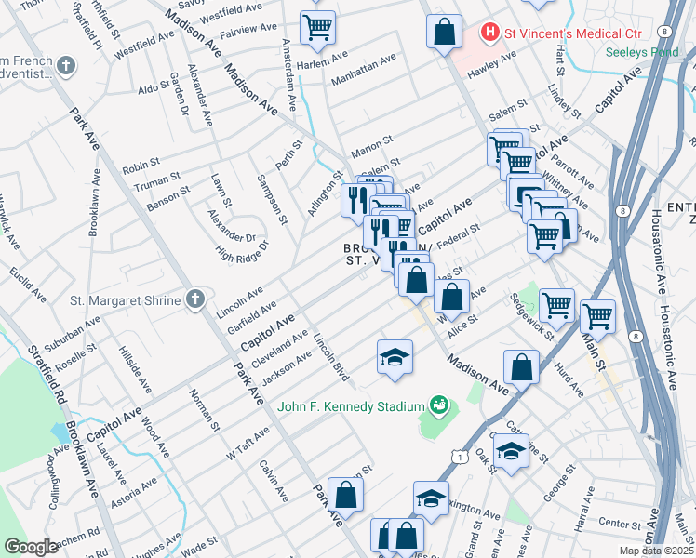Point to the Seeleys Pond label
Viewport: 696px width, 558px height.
[x=642, y=52]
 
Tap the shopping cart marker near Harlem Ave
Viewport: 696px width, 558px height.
[x=318, y=28]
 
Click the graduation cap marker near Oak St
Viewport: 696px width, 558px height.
[x=511, y=451]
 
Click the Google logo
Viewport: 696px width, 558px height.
[x=31, y=546]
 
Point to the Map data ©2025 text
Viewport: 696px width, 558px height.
[x=657, y=550]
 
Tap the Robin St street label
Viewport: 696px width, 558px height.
[x=141, y=170]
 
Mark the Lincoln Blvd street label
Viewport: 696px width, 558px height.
[x=330, y=358]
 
